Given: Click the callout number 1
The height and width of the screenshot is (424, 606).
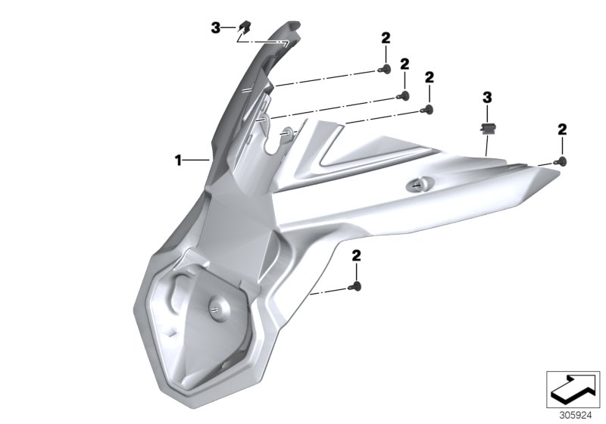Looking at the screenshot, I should (x=179, y=160).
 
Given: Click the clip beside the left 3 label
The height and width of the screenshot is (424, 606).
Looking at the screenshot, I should (x=244, y=29).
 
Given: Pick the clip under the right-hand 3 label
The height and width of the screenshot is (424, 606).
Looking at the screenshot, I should (x=486, y=125).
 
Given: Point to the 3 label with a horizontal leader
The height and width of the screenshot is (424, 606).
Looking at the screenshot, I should (x=216, y=28).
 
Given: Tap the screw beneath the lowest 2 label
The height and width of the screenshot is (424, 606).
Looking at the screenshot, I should (x=356, y=286).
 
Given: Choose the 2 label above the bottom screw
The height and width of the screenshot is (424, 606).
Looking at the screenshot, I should (x=356, y=257).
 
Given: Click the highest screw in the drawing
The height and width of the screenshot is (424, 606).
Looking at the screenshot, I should (x=384, y=70).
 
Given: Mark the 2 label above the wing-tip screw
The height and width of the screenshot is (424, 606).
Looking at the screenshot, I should (x=562, y=129).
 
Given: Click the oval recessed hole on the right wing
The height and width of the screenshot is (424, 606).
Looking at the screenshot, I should (x=419, y=183).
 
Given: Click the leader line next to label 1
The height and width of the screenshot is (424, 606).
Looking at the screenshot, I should (x=196, y=160).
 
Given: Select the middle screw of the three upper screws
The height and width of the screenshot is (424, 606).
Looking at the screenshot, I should (x=405, y=95).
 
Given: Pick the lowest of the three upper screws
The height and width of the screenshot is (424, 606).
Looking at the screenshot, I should (x=428, y=111).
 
